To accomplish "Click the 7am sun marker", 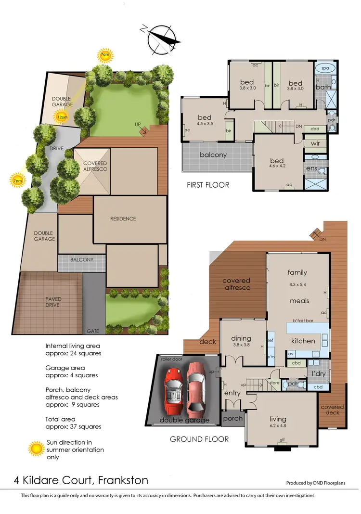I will [x=104, y=55].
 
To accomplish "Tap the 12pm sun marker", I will [x=61, y=116].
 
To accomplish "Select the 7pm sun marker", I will [x=18, y=180].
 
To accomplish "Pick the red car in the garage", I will [x=174, y=390].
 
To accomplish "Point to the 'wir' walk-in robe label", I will [x=316, y=143].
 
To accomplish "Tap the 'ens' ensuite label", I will [x=310, y=168].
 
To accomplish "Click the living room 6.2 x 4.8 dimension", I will [x=278, y=426].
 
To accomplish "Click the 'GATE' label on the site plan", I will [x=93, y=332].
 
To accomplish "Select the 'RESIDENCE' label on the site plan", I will [x=123, y=218].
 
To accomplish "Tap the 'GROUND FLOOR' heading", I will [x=199, y=439].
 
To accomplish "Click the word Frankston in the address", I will [x=123, y=480].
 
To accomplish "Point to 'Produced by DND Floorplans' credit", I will [x=316, y=483].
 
